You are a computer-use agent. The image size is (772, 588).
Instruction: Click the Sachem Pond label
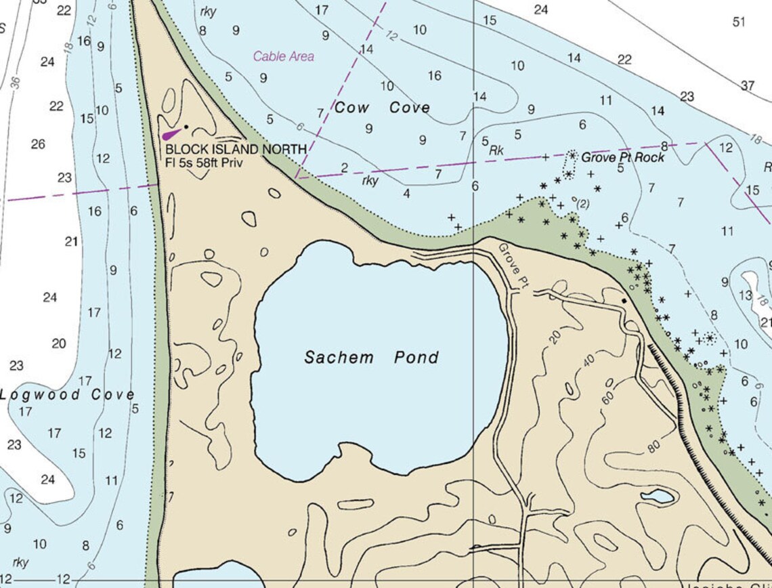click(371, 358)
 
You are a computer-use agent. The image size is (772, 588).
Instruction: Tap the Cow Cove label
click(382, 108)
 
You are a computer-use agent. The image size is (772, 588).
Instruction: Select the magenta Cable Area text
click(284, 57)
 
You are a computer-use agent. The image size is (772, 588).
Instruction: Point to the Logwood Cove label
click(66, 395)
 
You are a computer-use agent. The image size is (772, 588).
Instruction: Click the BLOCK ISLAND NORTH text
click(236, 149)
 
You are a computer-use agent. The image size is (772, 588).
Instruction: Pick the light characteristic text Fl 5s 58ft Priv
click(204, 163)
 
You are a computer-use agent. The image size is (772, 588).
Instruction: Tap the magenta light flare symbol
click(172, 133)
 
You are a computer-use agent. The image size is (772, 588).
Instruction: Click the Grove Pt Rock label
click(622, 157)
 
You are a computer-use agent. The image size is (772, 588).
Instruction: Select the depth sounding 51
click(738, 22)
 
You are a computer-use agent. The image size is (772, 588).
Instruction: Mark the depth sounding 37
click(747, 85)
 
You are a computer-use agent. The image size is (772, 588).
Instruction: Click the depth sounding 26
click(37, 144)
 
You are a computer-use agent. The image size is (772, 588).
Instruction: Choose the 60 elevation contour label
click(607, 398)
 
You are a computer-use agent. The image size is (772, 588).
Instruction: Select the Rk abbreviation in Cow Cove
click(496, 150)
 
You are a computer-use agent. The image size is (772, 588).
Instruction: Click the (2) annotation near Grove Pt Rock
click(582, 203)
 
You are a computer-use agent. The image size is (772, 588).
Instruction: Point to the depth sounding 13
click(745, 295)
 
